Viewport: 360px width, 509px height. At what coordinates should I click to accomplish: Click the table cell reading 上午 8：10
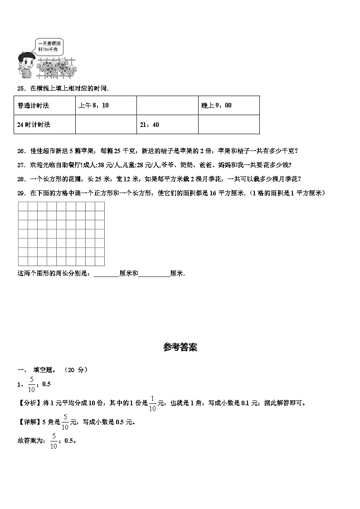click(106, 105)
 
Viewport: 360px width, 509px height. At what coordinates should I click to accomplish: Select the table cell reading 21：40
click(167, 125)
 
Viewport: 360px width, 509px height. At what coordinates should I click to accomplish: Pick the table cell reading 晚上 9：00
click(229, 105)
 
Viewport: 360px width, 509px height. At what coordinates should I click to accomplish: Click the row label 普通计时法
click(44, 105)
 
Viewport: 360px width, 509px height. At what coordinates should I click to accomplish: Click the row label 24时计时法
click(44, 125)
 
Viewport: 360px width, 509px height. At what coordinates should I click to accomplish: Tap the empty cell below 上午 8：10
click(106, 125)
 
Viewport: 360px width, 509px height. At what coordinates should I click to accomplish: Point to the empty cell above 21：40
click(167, 105)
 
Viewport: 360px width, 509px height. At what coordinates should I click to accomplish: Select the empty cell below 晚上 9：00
click(229, 125)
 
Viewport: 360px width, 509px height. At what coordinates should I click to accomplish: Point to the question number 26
click(20, 151)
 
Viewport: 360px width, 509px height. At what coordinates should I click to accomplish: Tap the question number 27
click(20, 165)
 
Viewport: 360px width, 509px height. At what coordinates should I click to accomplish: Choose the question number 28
click(20, 179)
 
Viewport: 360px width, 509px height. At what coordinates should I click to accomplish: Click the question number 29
click(20, 193)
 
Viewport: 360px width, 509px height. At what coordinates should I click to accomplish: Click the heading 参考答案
click(180, 348)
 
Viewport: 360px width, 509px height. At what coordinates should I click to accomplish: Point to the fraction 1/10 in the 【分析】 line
click(152, 403)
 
